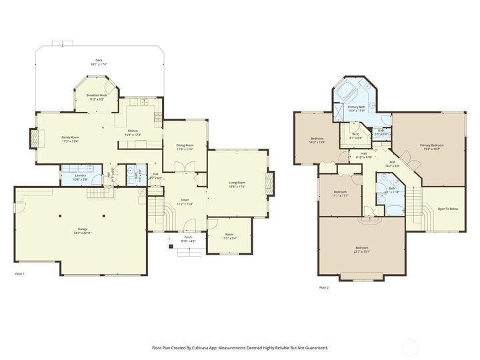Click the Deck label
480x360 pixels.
point(99,61)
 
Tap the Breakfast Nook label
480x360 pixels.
point(97,95)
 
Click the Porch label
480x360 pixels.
point(188,237)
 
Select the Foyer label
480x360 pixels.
point(185,199)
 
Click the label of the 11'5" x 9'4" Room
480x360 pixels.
point(229,234)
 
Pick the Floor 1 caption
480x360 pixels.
point(19,274)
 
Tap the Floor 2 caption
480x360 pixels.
point(323,287)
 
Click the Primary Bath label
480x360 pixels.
point(356,107)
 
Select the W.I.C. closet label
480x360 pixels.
point(357,134)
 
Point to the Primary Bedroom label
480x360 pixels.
point(432,145)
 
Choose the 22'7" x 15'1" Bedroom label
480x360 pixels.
point(361,247)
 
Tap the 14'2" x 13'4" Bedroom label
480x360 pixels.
point(317,139)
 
